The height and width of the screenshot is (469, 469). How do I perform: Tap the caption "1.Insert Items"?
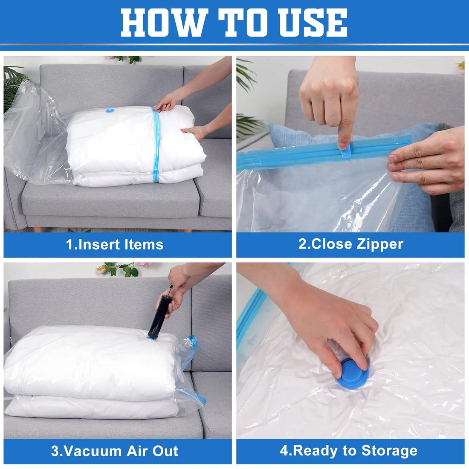(115, 245)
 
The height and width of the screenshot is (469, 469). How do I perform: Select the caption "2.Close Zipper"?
(350, 244)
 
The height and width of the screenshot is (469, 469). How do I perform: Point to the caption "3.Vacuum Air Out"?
(115, 451)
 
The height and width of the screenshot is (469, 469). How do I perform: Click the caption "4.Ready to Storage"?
(349, 451)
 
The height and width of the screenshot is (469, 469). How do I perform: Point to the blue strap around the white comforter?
(156, 145)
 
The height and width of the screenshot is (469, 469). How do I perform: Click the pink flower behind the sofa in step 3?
(143, 265)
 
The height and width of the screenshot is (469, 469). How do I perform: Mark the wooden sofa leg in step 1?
(38, 229)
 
